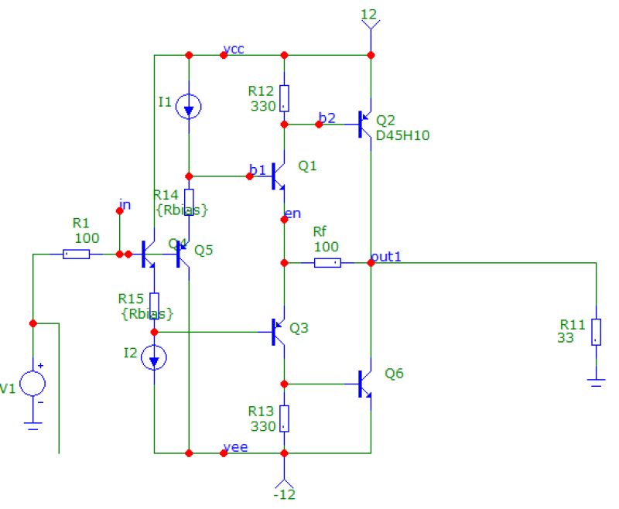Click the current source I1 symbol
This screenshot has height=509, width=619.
click(188, 107)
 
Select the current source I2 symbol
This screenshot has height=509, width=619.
click(155, 357)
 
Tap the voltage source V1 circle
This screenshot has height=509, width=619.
click(32, 383)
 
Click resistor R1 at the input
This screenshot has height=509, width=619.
click(76, 254)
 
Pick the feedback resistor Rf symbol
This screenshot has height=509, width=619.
click(327, 263)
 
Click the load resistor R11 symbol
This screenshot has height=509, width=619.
click(596, 331)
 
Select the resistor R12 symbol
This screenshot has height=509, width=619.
click(284, 98)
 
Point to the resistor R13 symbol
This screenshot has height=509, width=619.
click(284, 418)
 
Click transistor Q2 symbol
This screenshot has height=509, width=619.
click(364, 124)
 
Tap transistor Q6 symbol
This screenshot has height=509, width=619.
click(364, 383)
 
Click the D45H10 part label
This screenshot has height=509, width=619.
click(402, 135)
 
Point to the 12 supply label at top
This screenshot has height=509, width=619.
click(371, 14)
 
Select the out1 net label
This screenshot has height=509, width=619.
click(386, 256)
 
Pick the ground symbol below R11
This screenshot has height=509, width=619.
click(596, 381)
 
